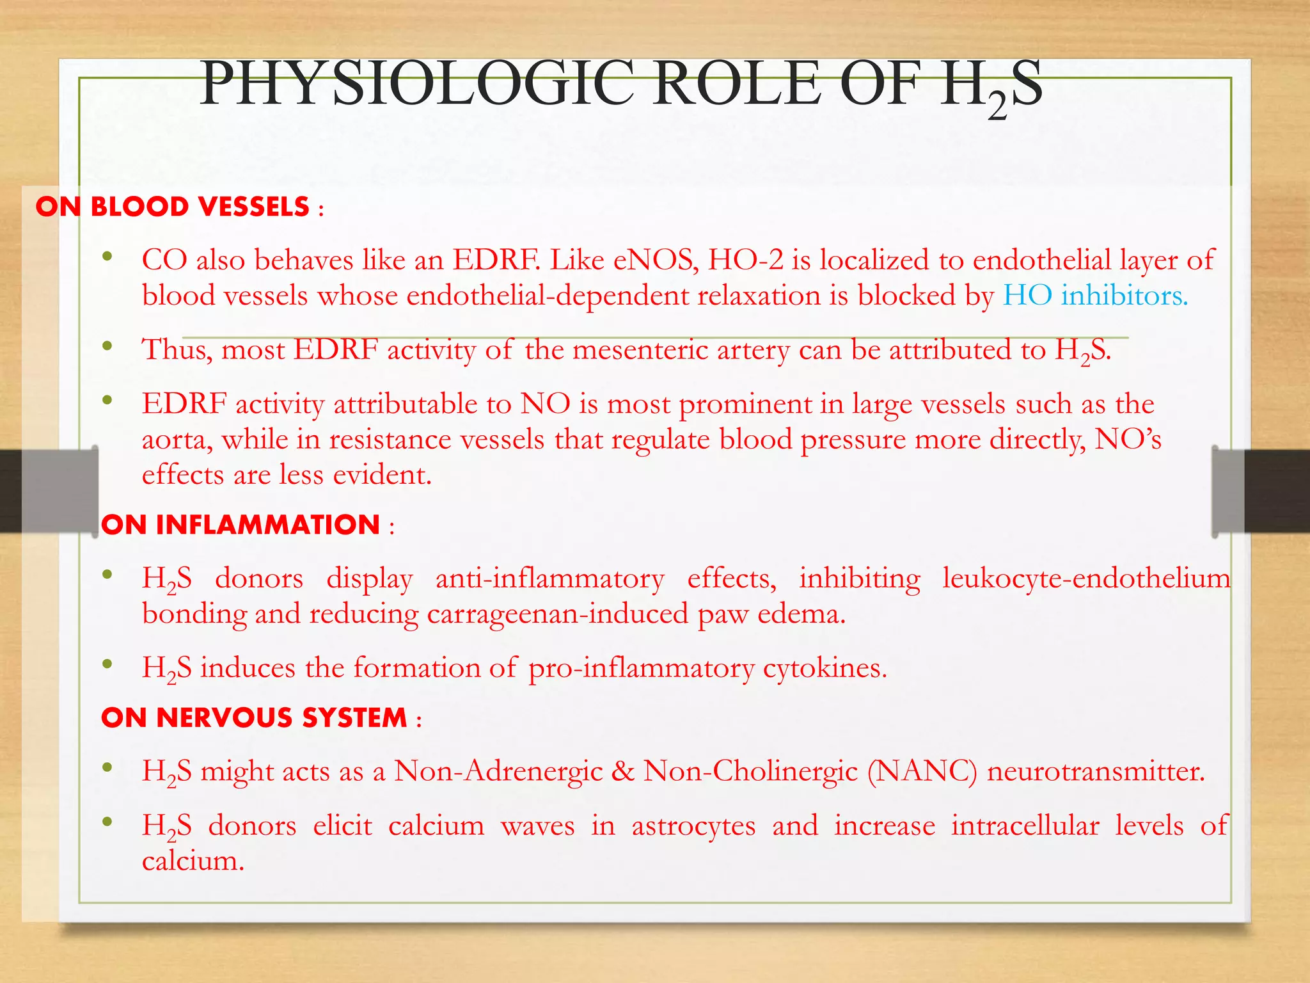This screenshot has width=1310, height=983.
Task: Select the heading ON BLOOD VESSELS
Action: [173, 207]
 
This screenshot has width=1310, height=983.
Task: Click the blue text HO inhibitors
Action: [1095, 296]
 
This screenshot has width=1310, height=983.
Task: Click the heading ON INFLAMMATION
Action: [241, 525]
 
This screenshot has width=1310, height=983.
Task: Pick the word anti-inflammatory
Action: [549, 579]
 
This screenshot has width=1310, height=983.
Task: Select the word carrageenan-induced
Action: [557, 614]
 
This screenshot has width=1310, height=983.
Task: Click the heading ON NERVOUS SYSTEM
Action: [254, 717]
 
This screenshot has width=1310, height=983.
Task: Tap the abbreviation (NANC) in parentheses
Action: [922, 771]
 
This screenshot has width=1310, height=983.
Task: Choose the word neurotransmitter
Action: [1096, 771]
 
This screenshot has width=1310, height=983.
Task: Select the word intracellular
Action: [1025, 826]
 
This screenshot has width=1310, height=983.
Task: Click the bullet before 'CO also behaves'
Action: [107, 257]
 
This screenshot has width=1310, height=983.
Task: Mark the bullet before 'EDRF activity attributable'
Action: [107, 401]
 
